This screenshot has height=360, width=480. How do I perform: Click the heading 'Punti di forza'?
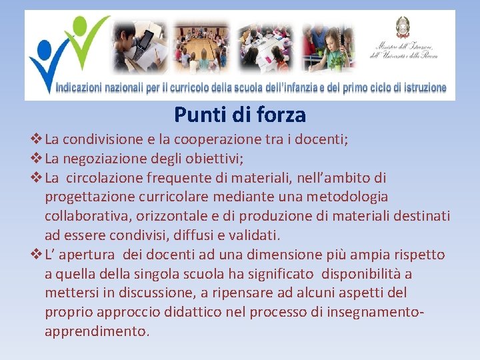[x=240, y=115]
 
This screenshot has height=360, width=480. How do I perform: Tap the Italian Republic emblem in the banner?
[x=403, y=27]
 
